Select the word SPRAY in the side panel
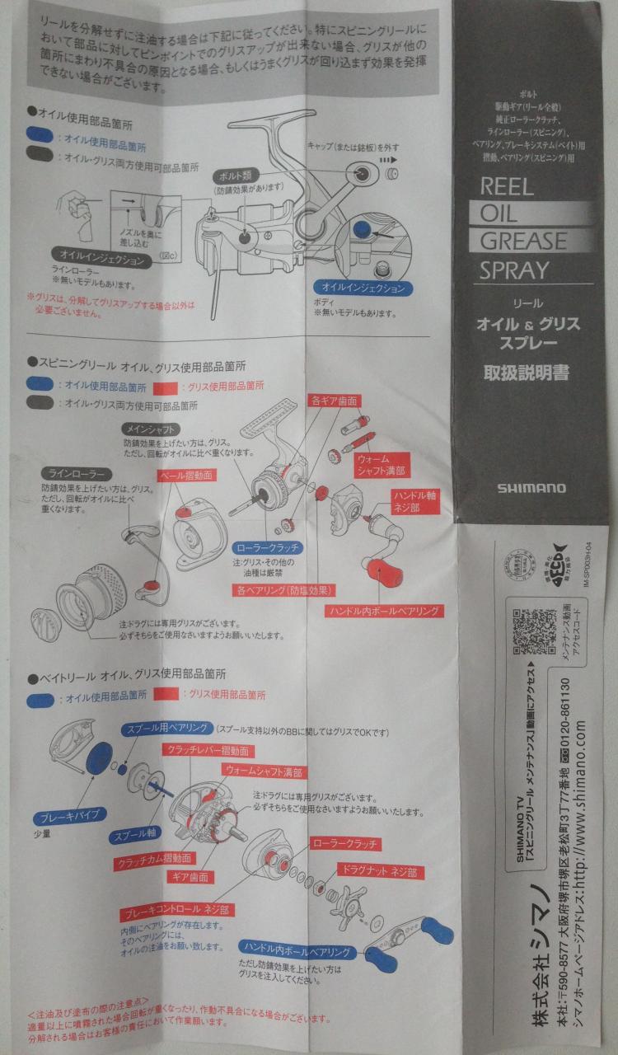[x=514, y=269]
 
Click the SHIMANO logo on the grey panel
[x=531, y=487]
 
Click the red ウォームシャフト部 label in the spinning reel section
[x=382, y=464]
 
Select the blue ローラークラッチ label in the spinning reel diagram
[x=265, y=547]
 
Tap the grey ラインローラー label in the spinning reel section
[x=75, y=475]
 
